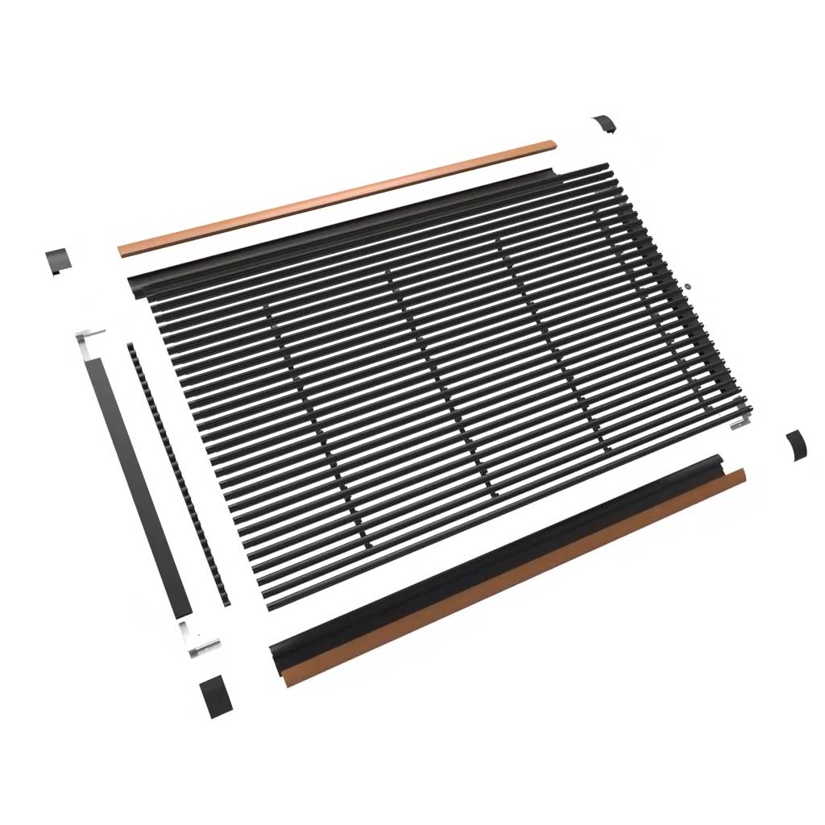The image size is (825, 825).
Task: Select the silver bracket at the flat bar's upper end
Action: (90, 338)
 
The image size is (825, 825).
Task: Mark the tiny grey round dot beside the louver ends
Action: (690, 285)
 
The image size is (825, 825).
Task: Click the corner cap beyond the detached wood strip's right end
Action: (604, 125)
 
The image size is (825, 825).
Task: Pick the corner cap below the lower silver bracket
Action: (214, 698)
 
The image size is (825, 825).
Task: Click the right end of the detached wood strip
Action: (549, 146)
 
